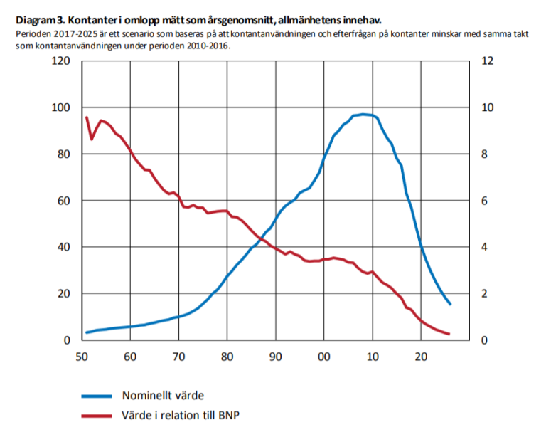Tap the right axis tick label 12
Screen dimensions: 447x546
(487, 61)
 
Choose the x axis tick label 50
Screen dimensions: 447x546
(81, 355)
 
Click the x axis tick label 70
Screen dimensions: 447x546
(178, 355)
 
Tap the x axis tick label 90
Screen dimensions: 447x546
(275, 355)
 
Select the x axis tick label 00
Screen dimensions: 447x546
(323, 355)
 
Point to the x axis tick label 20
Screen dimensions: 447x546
(421, 355)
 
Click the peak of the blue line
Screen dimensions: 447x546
(363, 114)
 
